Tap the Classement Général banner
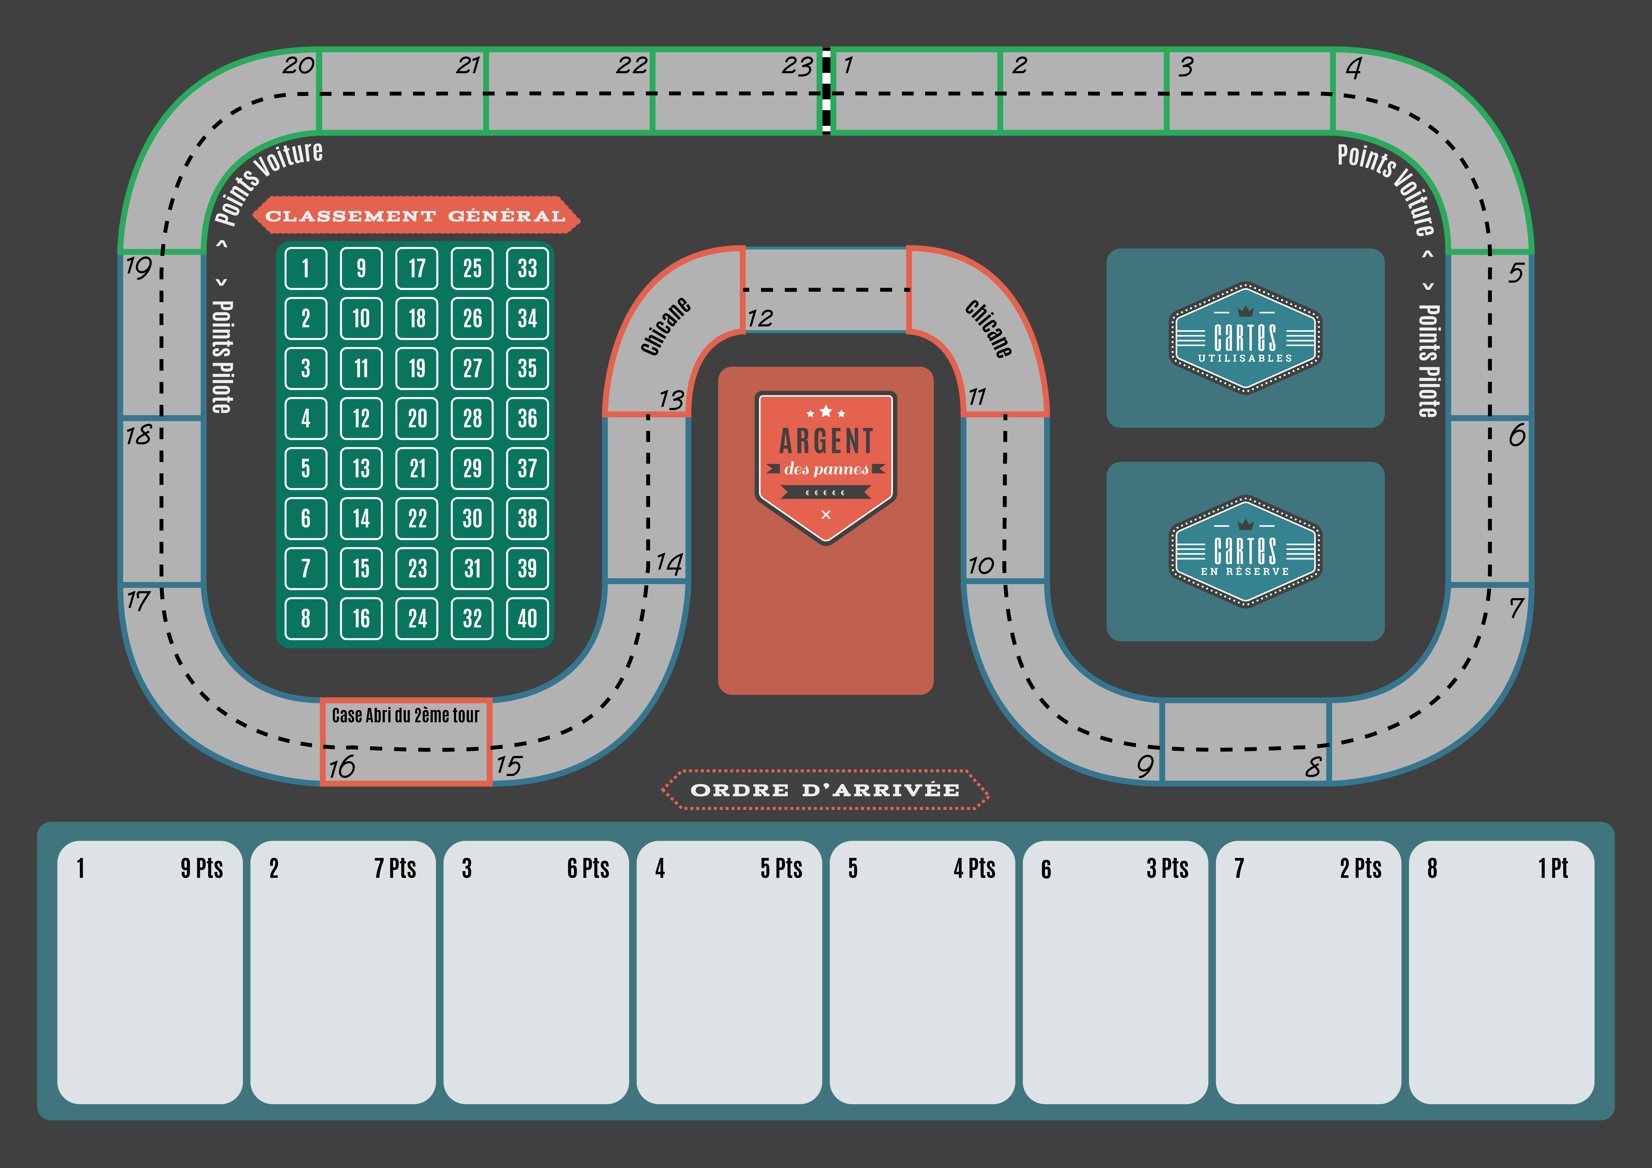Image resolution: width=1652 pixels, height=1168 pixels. point(416,215)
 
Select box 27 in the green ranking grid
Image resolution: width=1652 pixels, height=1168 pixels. point(472,368)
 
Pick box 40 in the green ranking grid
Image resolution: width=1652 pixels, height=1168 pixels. point(527,618)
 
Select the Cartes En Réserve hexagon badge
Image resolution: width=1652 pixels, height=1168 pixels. point(1246,551)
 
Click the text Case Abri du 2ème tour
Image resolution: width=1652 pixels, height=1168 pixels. point(405,715)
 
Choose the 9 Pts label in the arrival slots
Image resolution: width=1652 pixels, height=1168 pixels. point(202,869)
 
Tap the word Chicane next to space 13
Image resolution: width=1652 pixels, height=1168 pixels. point(666,326)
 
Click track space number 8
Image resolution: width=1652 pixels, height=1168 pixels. point(1246,741)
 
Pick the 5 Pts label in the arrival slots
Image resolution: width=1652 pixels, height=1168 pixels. point(781,869)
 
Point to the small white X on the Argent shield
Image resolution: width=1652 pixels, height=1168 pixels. point(826,515)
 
